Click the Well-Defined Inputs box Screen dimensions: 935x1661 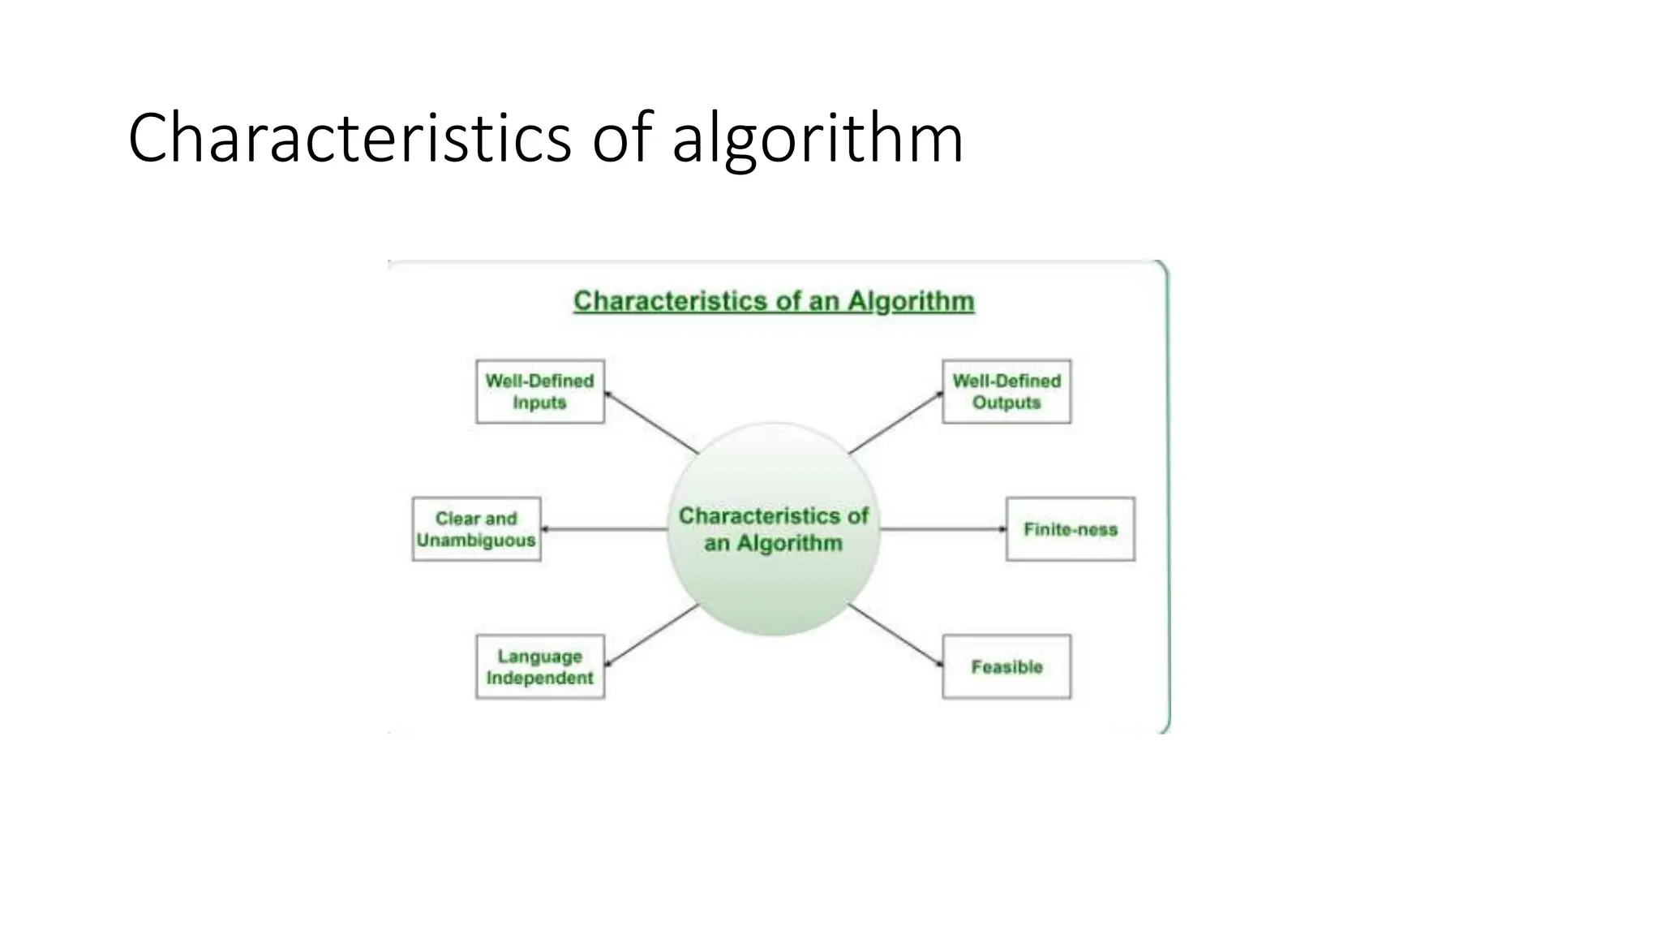click(x=540, y=391)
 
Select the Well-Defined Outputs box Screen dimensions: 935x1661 click(x=1006, y=391)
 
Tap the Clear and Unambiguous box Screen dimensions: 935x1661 click(x=476, y=529)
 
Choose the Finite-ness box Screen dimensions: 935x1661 click(x=1070, y=529)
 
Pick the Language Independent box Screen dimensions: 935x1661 click(x=540, y=666)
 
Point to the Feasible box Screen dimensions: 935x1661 click(x=1006, y=666)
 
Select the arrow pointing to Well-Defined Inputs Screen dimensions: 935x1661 click(x=651, y=423)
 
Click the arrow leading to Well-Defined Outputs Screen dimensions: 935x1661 click(x=895, y=423)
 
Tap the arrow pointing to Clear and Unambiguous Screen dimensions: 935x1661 click(x=604, y=529)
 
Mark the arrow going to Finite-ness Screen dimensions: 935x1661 click(x=942, y=529)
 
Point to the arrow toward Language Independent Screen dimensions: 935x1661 click(x=651, y=636)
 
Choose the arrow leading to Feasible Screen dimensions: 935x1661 click(x=895, y=636)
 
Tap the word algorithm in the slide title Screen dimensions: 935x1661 click(x=818, y=140)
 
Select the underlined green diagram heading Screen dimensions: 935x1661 click(x=774, y=301)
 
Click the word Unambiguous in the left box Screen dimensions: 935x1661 click(x=476, y=541)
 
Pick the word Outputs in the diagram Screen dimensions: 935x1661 click(x=1006, y=403)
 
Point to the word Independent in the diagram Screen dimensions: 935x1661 click(x=540, y=678)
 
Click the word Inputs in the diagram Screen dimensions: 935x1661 click(x=540, y=403)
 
